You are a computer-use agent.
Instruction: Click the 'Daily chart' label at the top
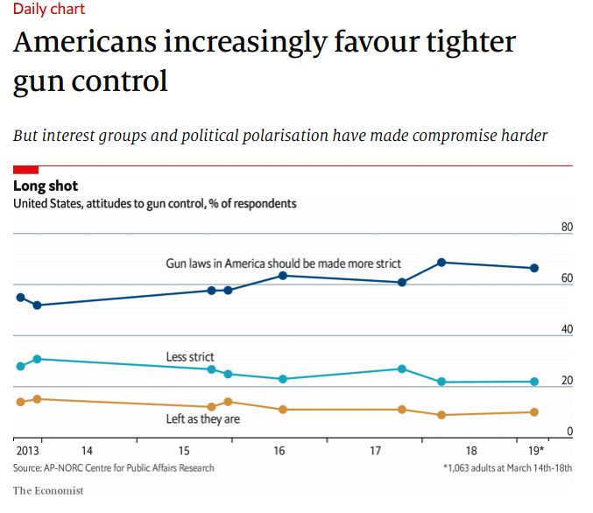coord(49,10)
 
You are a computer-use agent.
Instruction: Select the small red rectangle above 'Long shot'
coord(25,168)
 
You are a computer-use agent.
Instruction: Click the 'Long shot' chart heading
coord(46,186)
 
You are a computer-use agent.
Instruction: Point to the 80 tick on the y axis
coord(566,228)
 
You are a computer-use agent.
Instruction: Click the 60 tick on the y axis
coord(566,279)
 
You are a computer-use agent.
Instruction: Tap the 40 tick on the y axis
coord(566,330)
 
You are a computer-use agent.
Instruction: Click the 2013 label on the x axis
coord(27,451)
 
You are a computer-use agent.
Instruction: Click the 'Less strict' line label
coord(190,357)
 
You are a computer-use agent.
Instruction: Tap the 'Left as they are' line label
coord(203,419)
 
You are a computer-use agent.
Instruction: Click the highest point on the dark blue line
coord(441,263)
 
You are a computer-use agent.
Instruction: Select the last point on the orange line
coord(534,412)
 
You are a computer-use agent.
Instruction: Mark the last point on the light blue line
coord(534,382)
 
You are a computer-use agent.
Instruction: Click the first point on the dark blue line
coord(20,298)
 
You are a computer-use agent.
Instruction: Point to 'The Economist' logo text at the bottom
coord(48,491)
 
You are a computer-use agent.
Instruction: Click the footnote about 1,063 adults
coord(507,468)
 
